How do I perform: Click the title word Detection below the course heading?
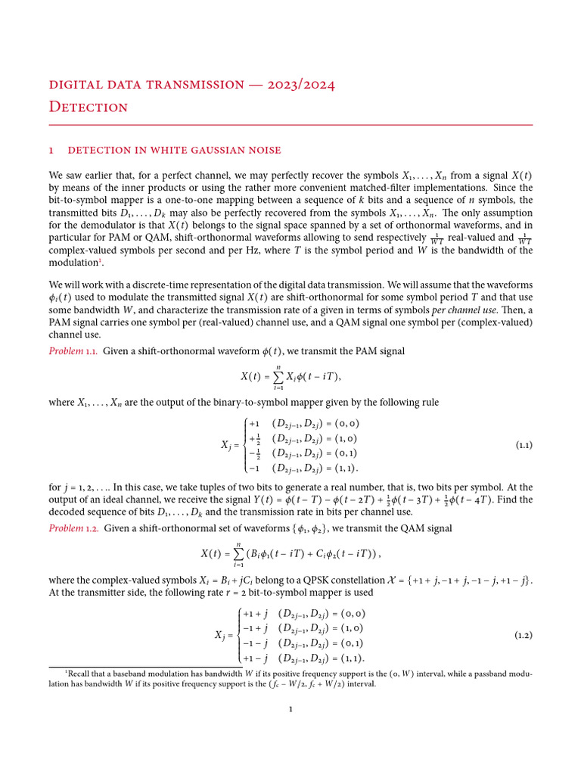point(89,107)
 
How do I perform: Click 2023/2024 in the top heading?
point(300,84)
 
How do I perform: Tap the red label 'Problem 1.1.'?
point(73,350)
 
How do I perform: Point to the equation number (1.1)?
point(524,445)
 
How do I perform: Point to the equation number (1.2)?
point(524,634)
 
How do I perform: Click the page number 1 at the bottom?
point(290,709)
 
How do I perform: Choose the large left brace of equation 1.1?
point(242,445)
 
